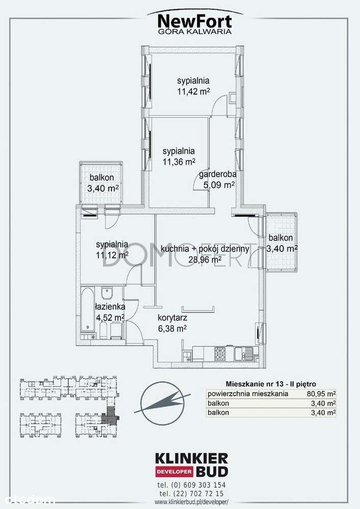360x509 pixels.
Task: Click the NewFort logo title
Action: pos(195,22)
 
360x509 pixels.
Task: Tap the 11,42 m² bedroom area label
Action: pos(193,91)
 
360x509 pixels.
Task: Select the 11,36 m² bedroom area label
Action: pos(179,161)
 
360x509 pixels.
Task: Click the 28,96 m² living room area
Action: pos(205,259)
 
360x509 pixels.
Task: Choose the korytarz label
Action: pos(172,318)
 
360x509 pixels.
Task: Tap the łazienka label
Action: pos(109,306)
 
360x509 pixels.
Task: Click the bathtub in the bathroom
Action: pos(88,310)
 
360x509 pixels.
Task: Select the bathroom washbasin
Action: pos(107,294)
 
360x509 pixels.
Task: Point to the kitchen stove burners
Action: pos(220,353)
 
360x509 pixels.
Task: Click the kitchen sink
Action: pos(243,353)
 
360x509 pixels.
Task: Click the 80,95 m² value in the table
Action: pos(321,394)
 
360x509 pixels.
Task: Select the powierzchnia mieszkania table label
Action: pos(247,394)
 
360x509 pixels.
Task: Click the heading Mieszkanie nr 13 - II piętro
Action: pos(271,384)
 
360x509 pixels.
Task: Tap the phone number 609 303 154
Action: pos(204,485)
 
